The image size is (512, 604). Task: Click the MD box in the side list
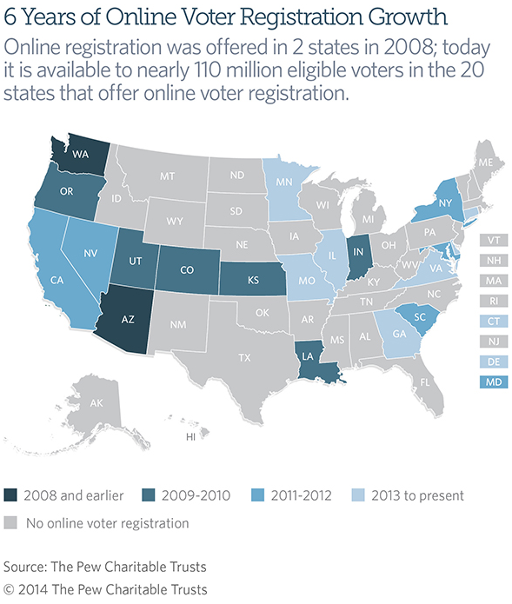tap(493, 382)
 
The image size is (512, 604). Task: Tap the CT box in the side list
tap(493, 322)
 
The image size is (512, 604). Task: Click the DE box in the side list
tap(493, 362)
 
